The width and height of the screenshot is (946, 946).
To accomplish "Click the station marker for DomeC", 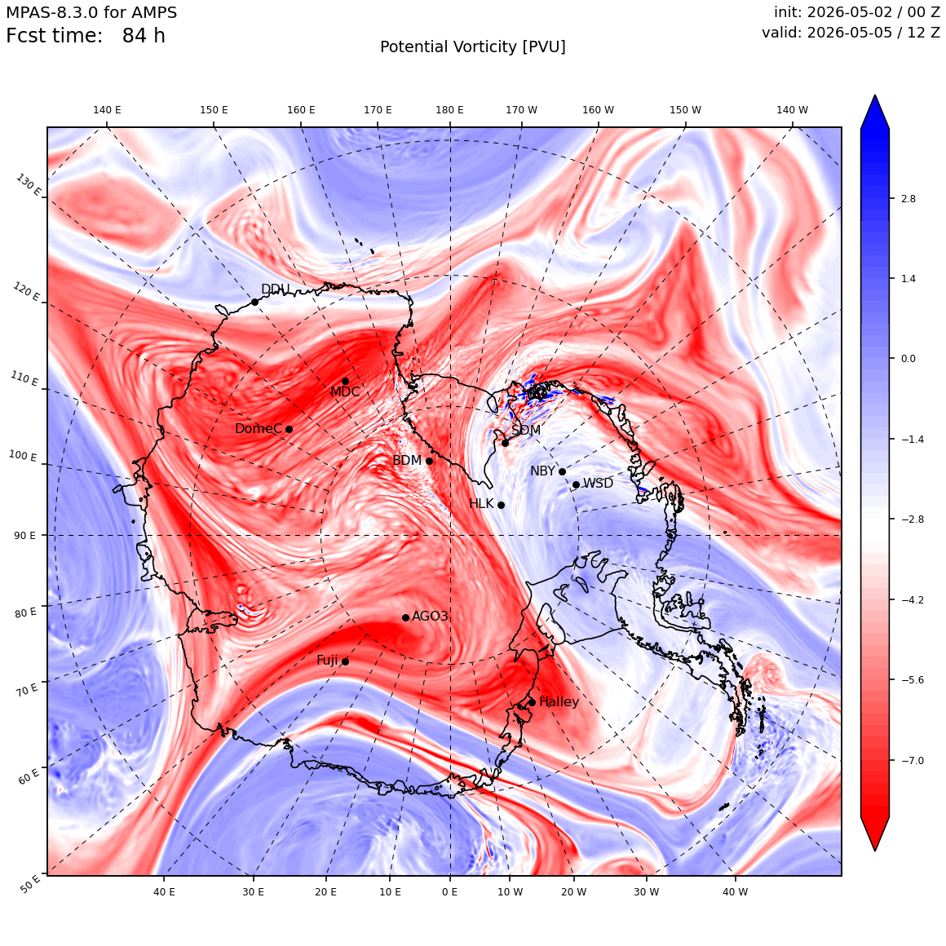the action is pos(289,430).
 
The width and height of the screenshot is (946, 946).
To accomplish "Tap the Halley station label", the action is pos(559,701).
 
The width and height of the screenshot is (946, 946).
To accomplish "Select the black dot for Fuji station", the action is pos(345,662).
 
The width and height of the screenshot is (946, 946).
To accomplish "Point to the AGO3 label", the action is pos(430,616).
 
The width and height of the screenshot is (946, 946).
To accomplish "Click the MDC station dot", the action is pos(345,382).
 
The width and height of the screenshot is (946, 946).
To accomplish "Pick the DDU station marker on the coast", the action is pos(254,303).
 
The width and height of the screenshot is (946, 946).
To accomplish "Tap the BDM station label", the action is pos(407,460).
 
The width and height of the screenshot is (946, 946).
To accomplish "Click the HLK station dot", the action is pos(501,505).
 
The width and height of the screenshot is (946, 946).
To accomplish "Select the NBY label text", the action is pos(542,471).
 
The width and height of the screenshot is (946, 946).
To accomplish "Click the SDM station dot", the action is pos(505,444).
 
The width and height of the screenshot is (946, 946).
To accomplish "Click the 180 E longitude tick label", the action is pos(449,110).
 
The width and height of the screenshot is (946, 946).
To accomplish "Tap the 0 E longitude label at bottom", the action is pos(449,891).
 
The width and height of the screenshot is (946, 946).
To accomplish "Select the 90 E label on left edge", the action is pos(24,536).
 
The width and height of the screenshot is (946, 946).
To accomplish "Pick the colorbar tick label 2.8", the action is pos(908,199).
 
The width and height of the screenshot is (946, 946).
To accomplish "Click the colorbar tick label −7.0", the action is pos(913,761).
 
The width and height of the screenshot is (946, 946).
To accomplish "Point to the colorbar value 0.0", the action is pos(908,359).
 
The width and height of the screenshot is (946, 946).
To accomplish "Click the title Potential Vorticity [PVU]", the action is pos(473,47).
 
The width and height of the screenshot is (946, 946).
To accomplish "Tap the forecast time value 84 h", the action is pos(144,36).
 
